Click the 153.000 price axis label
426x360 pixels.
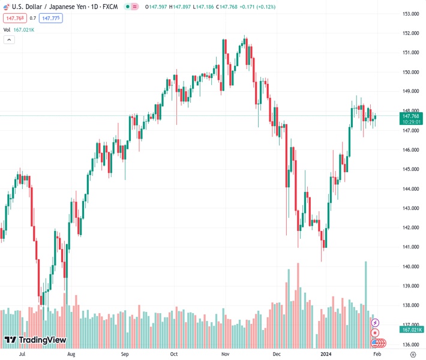(411, 14)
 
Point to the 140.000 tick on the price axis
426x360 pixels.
(411, 266)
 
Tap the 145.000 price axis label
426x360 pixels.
(411, 169)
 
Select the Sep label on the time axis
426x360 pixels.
(125, 354)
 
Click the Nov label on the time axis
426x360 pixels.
(226, 354)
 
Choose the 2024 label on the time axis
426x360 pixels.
(325, 354)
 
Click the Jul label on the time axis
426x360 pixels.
(22, 354)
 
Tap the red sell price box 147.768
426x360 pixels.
(15, 18)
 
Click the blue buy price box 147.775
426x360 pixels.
(50, 18)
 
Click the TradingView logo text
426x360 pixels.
(42, 340)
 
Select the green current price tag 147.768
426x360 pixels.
(411, 116)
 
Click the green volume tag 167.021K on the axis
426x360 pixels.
(412, 329)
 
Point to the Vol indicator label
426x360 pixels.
(7, 29)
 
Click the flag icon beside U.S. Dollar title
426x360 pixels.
(7, 6)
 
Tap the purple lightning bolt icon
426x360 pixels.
(375, 323)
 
